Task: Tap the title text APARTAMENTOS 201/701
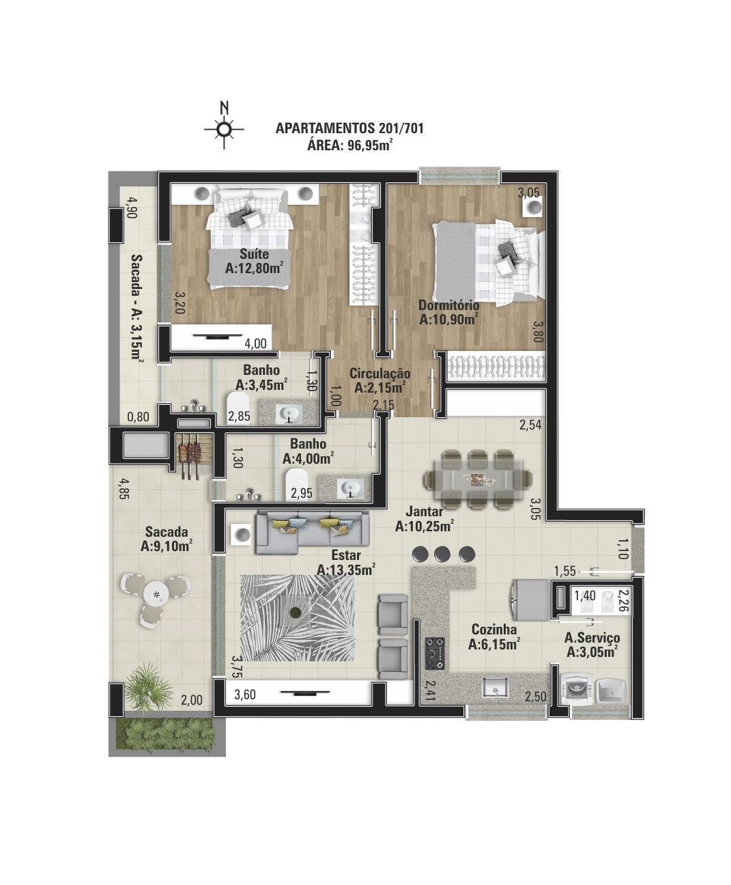pos(349,128)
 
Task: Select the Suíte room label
pos(255,254)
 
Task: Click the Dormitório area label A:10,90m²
pos(449,319)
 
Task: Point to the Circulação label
pos(380,374)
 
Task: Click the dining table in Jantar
pos(477,479)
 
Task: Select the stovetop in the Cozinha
pos(435,653)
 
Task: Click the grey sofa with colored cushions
pos(313,532)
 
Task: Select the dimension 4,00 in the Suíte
pos(255,343)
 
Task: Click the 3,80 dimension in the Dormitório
pos(537,331)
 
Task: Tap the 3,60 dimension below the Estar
pos(245,694)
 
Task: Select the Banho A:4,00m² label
pos(308,451)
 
